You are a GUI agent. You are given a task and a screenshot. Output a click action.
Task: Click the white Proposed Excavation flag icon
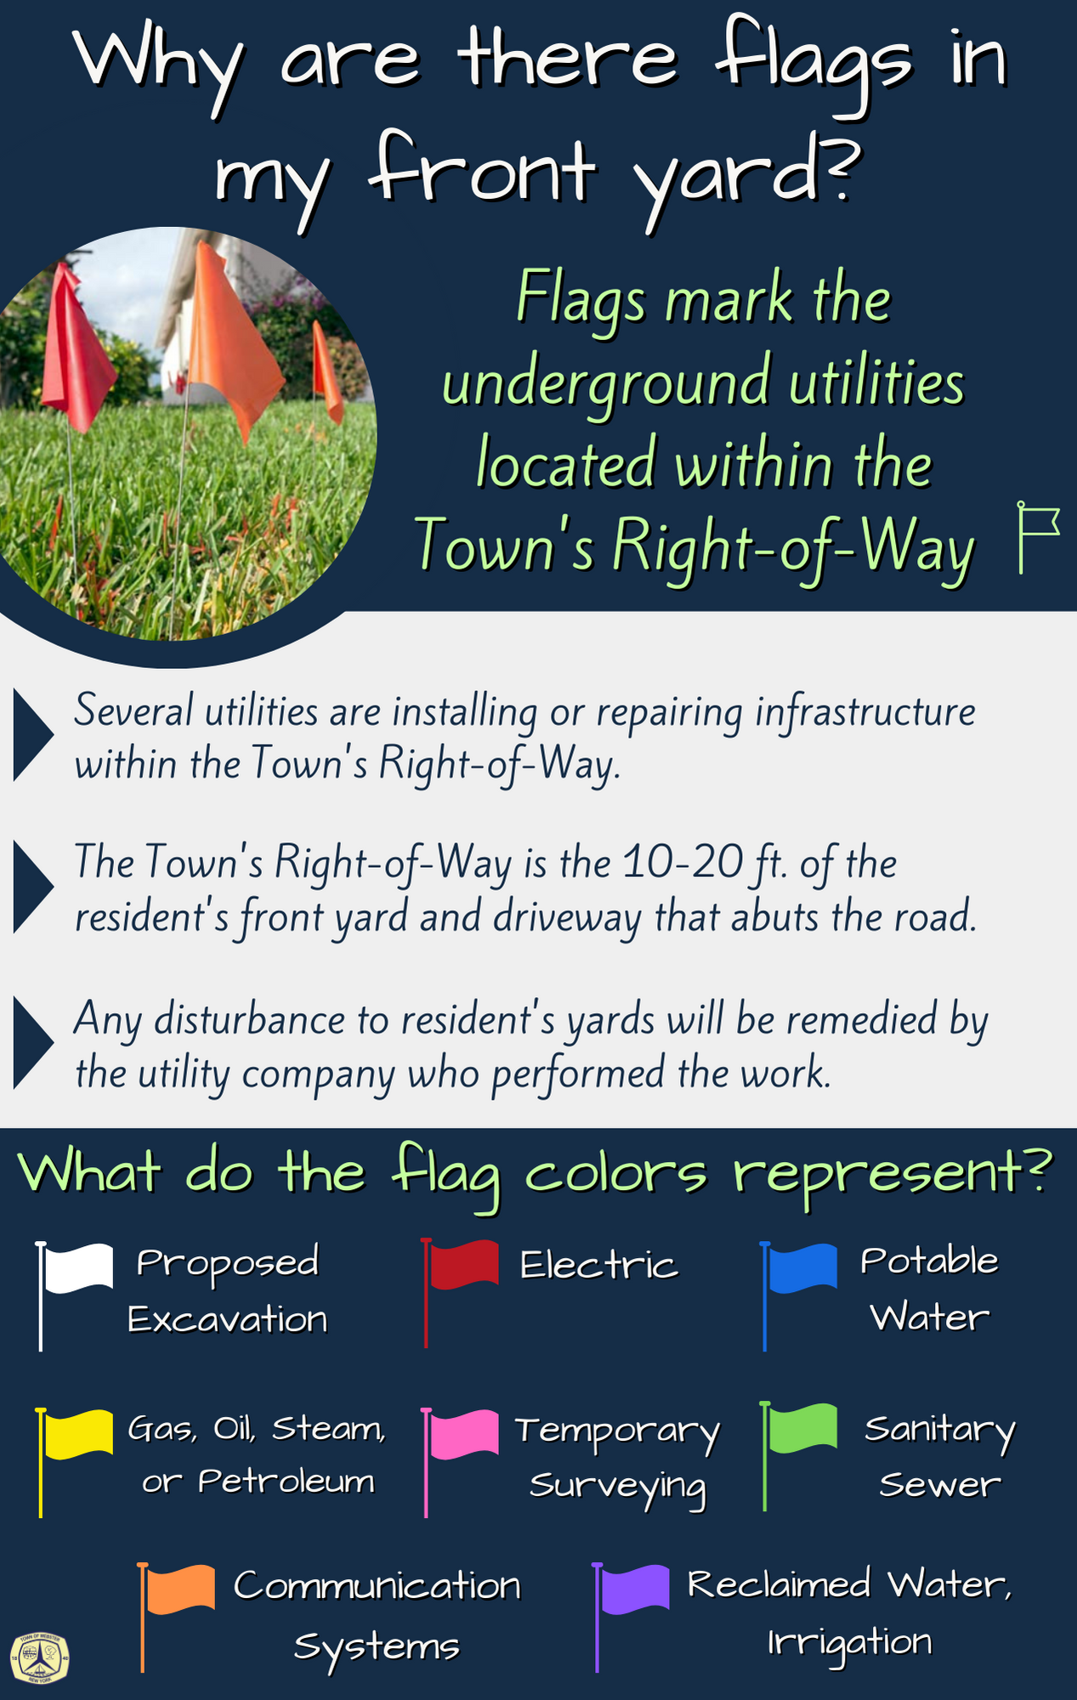[x=73, y=1294]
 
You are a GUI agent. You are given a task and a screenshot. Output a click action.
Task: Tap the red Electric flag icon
[x=459, y=1291]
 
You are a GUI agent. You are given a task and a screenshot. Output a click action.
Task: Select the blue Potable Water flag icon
[x=798, y=1294]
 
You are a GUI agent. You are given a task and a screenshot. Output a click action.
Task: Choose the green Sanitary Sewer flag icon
[x=798, y=1455]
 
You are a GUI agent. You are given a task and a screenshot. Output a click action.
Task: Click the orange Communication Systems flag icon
[x=176, y=1616]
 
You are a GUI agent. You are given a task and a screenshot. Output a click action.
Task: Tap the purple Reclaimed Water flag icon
[x=631, y=1616]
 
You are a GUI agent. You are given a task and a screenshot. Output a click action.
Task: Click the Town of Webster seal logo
[x=40, y=1657]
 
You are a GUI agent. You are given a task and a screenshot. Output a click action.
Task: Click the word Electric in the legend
[x=598, y=1265]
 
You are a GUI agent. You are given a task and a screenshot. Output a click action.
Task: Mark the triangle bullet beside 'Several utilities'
[x=33, y=735]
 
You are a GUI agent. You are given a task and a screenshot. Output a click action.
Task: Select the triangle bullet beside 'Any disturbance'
[x=33, y=1043]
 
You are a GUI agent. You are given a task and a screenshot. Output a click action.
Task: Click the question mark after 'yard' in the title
[x=837, y=171]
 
